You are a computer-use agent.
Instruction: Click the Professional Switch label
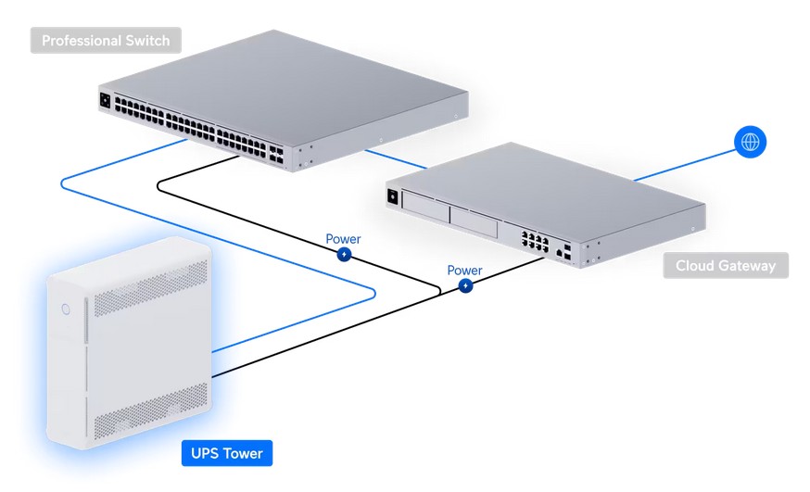tap(107, 41)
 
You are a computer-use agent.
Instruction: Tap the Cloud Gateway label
tap(725, 266)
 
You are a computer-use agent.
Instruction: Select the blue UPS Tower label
tap(226, 453)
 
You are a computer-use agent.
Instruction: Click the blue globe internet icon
tap(751, 142)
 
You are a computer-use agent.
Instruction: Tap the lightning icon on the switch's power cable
tap(344, 254)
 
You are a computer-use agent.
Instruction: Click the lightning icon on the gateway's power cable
tap(465, 285)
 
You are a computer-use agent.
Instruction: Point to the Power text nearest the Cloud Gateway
tap(464, 270)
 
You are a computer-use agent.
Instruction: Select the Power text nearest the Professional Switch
tap(343, 238)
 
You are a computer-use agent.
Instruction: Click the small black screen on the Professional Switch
tap(107, 98)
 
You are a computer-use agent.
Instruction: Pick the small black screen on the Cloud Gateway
tap(393, 196)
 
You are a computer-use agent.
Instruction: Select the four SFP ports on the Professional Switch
tap(278, 153)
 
